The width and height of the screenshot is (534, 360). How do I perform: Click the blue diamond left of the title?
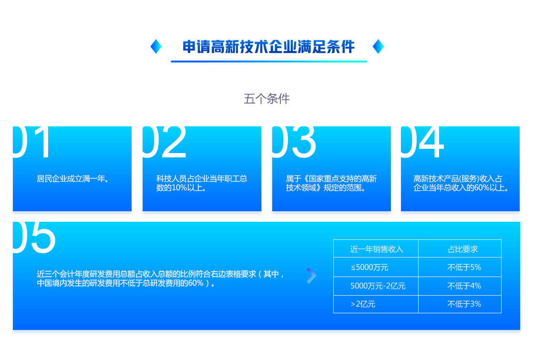156,46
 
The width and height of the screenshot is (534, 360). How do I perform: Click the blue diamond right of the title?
378,46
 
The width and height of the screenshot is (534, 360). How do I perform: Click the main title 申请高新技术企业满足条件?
268,47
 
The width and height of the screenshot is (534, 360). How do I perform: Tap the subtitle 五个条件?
267,99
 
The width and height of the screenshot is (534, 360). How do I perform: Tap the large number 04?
422,142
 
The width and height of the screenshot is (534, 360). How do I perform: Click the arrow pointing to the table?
311,276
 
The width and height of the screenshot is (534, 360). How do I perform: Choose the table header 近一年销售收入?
376,249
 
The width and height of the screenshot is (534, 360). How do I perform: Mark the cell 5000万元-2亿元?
378,286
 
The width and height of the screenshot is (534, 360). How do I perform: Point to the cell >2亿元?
363,304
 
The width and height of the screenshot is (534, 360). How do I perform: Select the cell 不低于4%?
464,286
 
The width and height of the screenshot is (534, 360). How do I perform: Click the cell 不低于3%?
464,304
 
